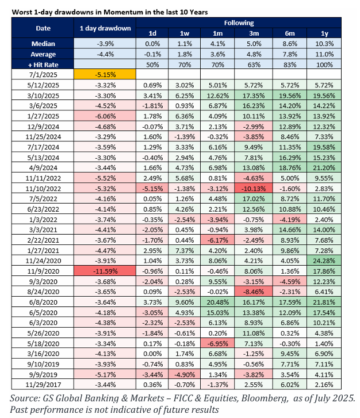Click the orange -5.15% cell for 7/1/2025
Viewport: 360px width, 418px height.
pyautogui.click(x=105, y=74)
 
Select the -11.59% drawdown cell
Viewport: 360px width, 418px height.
pyautogui.click(x=105, y=271)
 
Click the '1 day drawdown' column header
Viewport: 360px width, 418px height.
pyautogui.click(x=105, y=28)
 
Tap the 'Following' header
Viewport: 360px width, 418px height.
pyautogui.click(x=239, y=23)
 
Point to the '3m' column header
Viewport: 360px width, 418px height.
pyautogui.click(x=254, y=33)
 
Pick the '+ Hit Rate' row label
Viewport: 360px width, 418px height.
pyautogui.click(x=43, y=64)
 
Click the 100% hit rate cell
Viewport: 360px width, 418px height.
pyautogui.click(x=324, y=64)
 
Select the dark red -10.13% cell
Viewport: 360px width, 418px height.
pyautogui.click(x=254, y=189)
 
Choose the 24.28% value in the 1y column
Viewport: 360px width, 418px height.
pyautogui.click(x=324, y=260)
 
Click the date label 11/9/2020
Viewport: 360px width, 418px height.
pyautogui.click(x=43, y=271)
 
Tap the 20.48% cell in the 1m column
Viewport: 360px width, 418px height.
pyautogui.click(x=217, y=302)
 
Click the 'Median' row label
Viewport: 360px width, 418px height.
pyautogui.click(x=43, y=44)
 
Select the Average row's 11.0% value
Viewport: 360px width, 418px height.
pyautogui.click(x=324, y=54)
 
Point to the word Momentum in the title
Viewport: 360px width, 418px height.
pyautogui.click(x=124, y=12)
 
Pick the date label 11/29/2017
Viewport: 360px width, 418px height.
pyautogui.click(x=43, y=385)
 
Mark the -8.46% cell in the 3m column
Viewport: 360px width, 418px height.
pyautogui.click(x=254, y=292)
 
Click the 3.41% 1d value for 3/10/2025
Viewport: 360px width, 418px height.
pyautogui.click(x=152, y=95)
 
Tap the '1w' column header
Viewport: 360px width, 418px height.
pyautogui.click(x=184, y=33)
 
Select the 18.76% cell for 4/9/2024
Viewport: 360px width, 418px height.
pyautogui.click(x=290, y=168)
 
